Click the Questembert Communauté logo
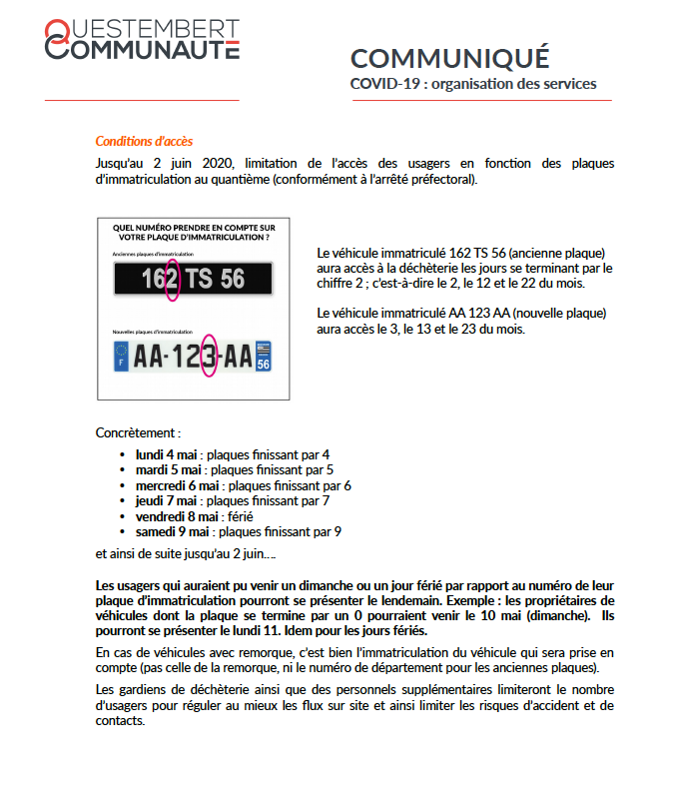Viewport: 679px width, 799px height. click(142, 39)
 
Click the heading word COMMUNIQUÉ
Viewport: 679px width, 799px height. click(449, 58)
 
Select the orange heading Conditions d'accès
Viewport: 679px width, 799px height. click(144, 141)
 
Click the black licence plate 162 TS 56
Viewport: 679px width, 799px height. click(193, 279)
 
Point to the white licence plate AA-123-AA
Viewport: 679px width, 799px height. click(193, 357)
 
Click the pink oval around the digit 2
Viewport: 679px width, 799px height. click(172, 279)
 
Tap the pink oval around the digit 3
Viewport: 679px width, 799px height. click(209, 357)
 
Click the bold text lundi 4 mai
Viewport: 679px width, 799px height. click(166, 454)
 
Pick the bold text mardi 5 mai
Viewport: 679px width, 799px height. click(169, 469)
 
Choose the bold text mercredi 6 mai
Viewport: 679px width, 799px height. click(178, 485)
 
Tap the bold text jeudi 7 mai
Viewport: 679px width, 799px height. click(166, 500)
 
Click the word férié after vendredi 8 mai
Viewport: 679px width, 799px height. click(240, 516)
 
